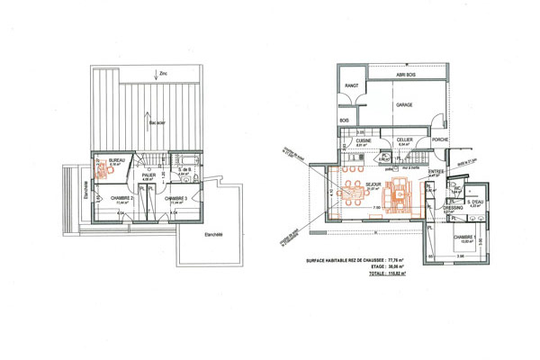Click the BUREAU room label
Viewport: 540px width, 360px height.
116,160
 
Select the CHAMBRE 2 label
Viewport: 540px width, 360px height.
121,198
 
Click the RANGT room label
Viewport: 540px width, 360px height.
351,85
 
